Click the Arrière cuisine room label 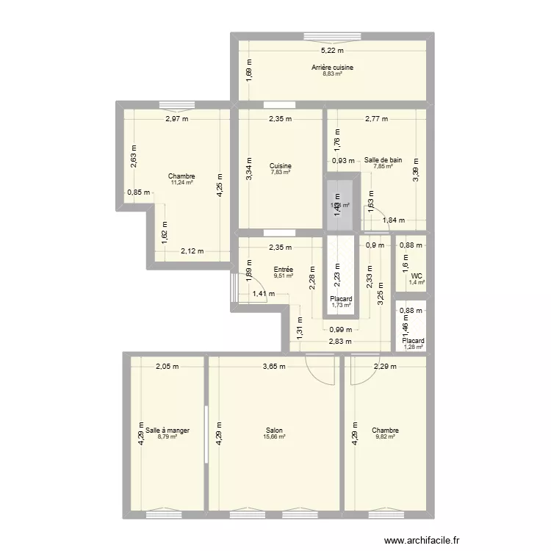coord(332,68)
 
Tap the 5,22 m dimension coord(332,51)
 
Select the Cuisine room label coord(280,165)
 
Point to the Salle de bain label coord(383,159)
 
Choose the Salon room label coord(275,431)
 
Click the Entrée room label coord(284,270)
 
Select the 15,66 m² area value coord(275,437)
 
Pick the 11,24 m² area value coord(181,183)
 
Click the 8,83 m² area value coord(332,74)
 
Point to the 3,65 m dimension coord(275,367)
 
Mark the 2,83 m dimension coord(340,342)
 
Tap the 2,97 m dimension coord(176,119)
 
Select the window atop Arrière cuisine coord(331,35)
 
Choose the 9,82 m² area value coord(384,437)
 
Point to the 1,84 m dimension coord(395,220)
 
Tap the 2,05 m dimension coord(167,367)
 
